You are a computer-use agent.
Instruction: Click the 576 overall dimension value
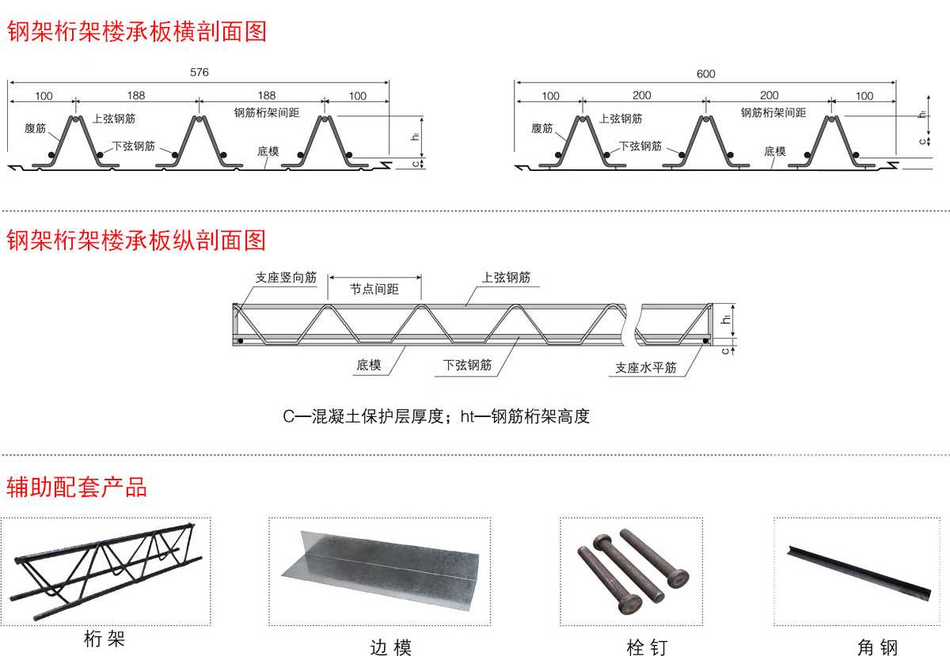199,73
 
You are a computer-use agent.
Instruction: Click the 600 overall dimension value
705,74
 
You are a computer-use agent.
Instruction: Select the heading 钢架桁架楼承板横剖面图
136,31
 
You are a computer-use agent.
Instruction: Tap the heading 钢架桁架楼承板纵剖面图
136,240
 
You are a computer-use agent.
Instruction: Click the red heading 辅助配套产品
77,486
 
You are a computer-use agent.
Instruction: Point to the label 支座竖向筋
286,278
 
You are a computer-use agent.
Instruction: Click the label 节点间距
374,290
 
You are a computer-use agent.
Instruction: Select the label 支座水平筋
646,368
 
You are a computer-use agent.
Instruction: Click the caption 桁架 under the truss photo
104,638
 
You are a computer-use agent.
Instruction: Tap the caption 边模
390,647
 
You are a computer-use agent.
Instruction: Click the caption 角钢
877,647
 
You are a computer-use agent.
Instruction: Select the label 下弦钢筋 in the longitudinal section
467,365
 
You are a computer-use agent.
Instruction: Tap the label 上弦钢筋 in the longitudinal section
506,278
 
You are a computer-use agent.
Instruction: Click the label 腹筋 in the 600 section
541,128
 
